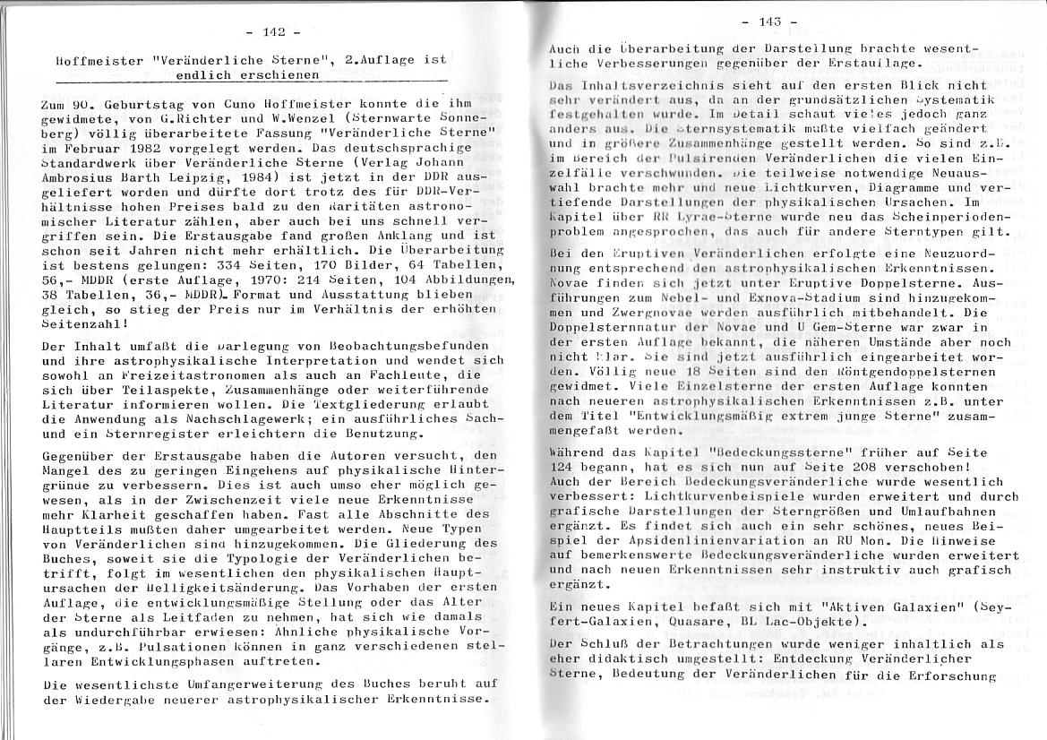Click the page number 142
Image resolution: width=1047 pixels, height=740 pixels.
tap(273, 32)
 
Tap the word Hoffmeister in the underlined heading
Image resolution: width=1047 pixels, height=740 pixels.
tap(96, 61)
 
